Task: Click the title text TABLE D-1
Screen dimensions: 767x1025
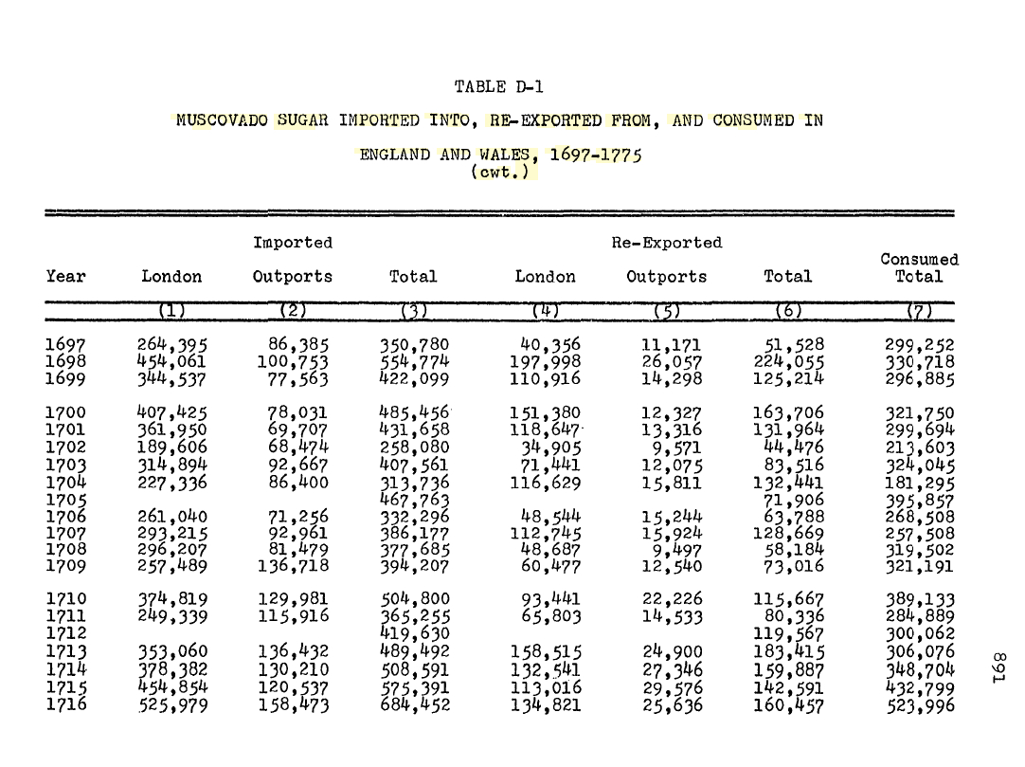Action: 498,87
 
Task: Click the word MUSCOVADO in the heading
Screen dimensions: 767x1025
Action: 223,120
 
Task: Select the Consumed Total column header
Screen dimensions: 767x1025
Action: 919,267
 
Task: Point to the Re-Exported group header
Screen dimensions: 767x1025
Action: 667,243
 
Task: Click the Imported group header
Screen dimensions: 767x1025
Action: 293,243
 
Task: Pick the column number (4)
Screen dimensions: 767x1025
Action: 545,311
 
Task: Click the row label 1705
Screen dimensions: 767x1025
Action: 65,500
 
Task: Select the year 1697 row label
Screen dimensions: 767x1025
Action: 65,346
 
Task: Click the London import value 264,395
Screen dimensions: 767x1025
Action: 172,346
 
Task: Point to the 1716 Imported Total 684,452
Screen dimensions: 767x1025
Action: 414,704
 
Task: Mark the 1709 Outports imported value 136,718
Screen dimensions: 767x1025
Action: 294,567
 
